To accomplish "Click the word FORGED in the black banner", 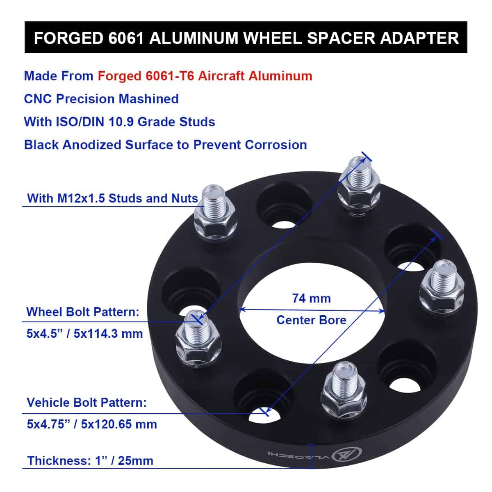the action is pos(69,38).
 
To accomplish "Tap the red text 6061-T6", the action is pos(170,76).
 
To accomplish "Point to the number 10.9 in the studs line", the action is pos(121,122).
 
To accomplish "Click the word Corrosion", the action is pos(276,145).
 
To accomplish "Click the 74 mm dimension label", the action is pos(311,298).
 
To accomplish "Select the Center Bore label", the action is pos(311,320).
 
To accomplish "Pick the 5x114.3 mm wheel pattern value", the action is pos(108,334).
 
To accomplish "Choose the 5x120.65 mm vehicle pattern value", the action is pos(119,424).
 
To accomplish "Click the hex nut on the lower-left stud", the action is pos(198,349).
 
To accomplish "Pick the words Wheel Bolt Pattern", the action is pos(83,312).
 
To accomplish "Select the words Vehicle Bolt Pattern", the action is pos(87,403).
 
